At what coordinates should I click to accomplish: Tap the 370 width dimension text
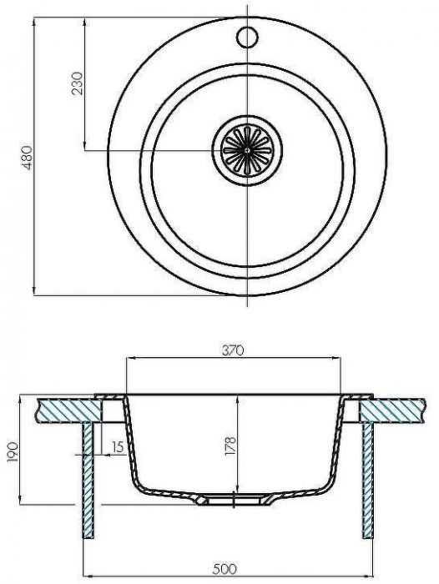point(233,351)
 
